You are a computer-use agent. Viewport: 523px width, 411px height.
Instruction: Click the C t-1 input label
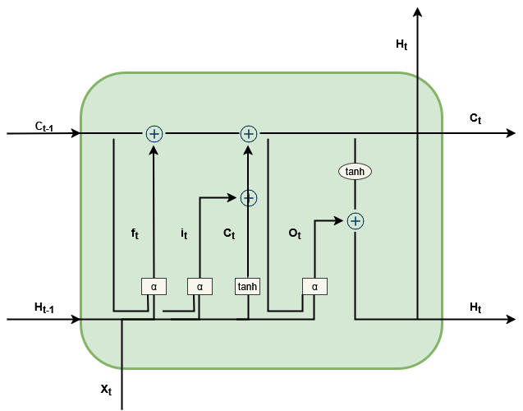[x=44, y=126]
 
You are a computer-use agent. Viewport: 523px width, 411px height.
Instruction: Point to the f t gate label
[x=135, y=233]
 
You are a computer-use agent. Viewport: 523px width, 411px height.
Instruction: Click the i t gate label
[x=185, y=233]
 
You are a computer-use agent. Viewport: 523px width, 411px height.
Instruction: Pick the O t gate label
[x=295, y=233]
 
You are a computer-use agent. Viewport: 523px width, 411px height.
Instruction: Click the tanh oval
[x=355, y=171]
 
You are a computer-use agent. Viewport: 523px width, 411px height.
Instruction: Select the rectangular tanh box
[x=247, y=286]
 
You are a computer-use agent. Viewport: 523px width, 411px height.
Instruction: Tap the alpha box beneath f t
[x=154, y=286]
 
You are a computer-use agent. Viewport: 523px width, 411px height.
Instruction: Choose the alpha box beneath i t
[x=200, y=286]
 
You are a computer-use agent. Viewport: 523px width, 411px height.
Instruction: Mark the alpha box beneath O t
[x=314, y=286]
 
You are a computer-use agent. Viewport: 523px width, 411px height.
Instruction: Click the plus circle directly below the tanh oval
[x=355, y=220]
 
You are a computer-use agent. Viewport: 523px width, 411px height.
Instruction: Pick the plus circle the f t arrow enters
[x=154, y=133]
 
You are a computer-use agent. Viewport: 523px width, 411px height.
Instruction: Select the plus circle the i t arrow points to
[x=248, y=197]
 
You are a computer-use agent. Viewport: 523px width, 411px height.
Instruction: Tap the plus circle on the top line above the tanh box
[x=248, y=133]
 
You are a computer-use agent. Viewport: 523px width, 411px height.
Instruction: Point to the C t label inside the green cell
[x=229, y=233]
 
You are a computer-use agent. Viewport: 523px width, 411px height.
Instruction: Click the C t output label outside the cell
[x=475, y=118]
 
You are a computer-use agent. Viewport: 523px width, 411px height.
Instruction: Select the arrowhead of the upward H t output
[x=418, y=12]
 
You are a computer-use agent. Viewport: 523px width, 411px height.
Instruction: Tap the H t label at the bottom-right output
[x=475, y=307]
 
